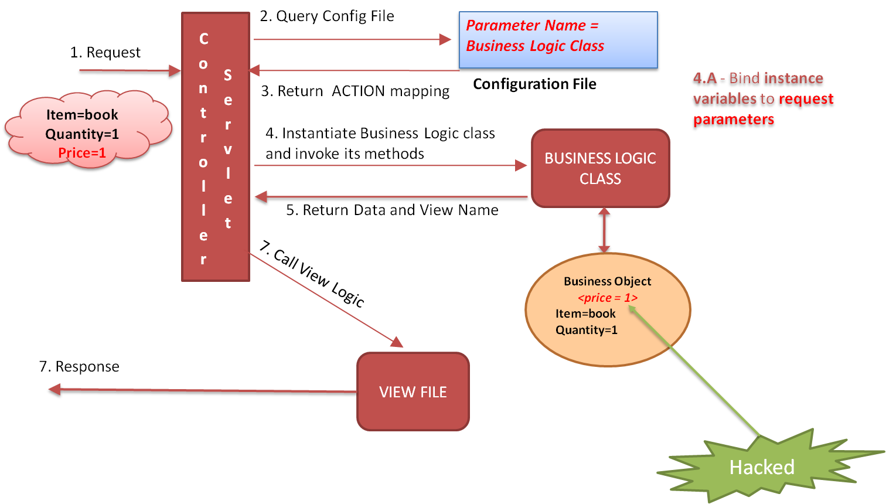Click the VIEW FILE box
point(413,391)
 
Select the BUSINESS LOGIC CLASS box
point(600,168)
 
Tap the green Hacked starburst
point(762,467)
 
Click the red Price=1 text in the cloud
point(82,153)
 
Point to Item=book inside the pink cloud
point(82,115)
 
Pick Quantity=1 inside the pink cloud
point(82,134)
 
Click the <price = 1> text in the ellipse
point(608,298)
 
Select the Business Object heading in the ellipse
point(608,281)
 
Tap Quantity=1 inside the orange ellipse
point(587,330)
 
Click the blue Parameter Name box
point(558,40)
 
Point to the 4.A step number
point(705,79)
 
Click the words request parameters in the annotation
point(762,109)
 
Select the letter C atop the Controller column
point(204,39)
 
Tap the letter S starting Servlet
point(228,76)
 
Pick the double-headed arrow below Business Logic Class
point(604,230)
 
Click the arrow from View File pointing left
point(199,390)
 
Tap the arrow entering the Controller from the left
point(129,70)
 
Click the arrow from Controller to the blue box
point(352,40)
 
